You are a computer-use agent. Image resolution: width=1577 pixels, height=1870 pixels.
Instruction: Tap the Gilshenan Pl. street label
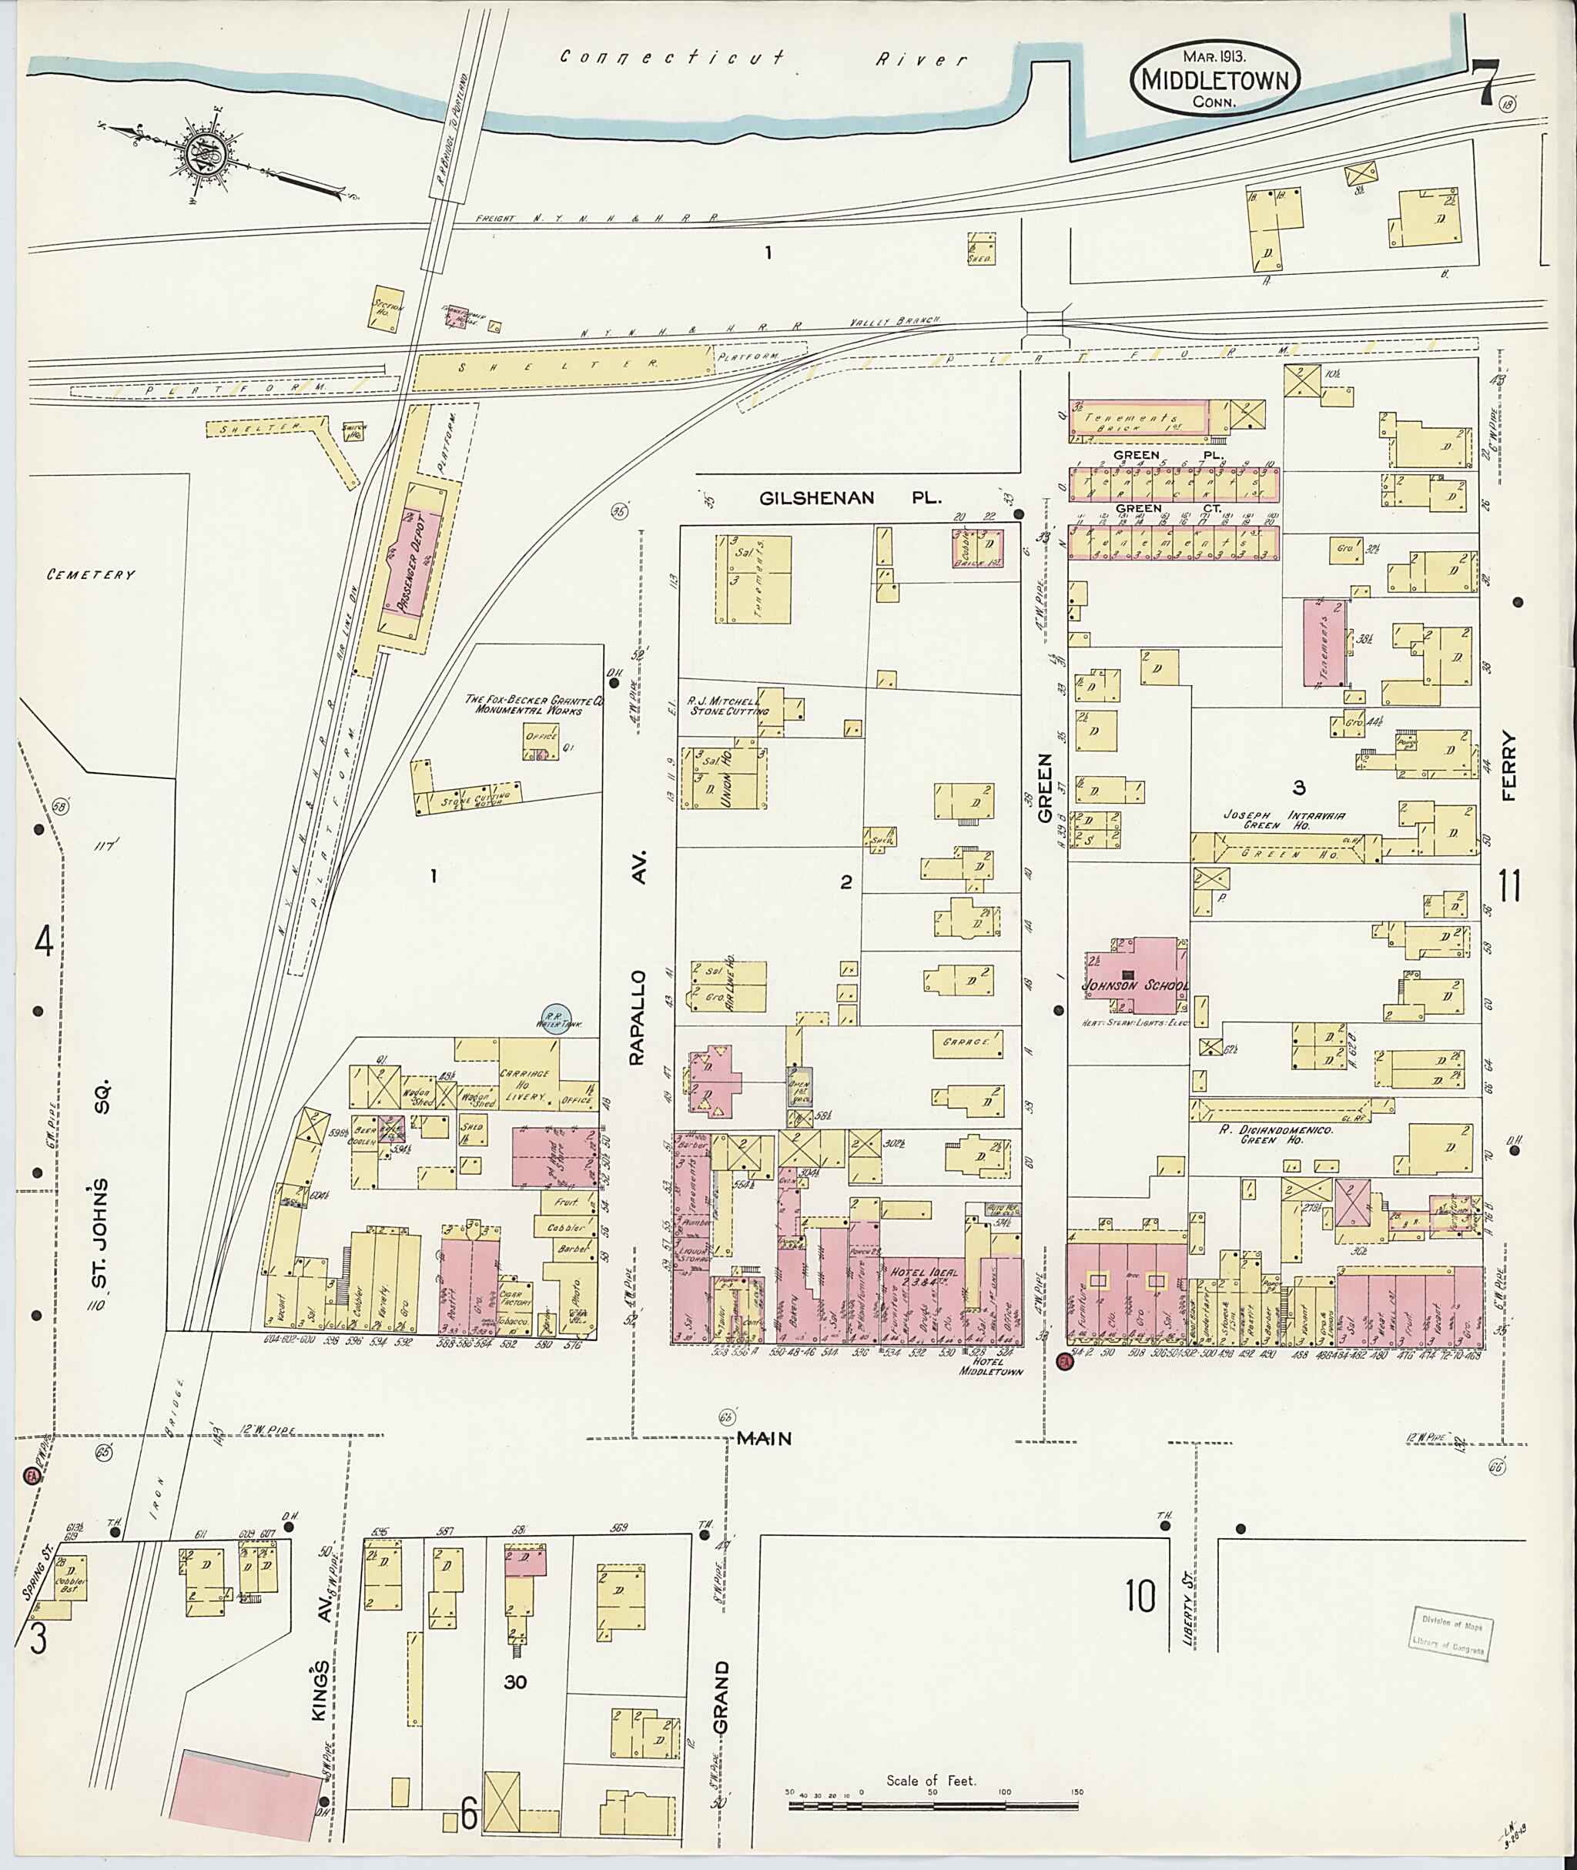click(849, 499)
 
